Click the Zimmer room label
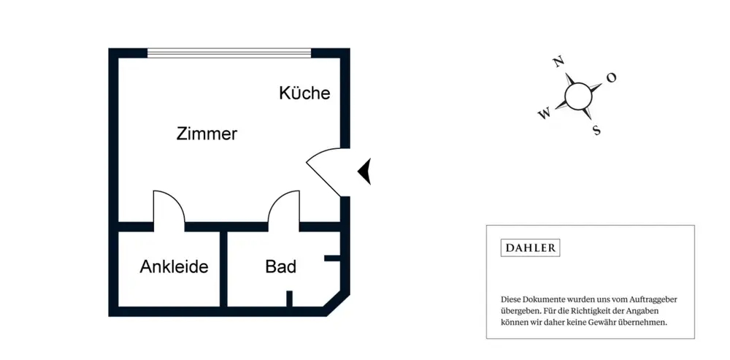207,134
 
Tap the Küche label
304,93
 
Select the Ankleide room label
174,267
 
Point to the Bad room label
280,267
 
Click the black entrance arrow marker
364,172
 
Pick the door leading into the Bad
283,207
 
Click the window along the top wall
229,53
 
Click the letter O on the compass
612,77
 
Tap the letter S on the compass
596,131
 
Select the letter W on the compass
544,114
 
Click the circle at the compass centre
578,95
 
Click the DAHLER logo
530,248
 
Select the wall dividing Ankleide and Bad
224,269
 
